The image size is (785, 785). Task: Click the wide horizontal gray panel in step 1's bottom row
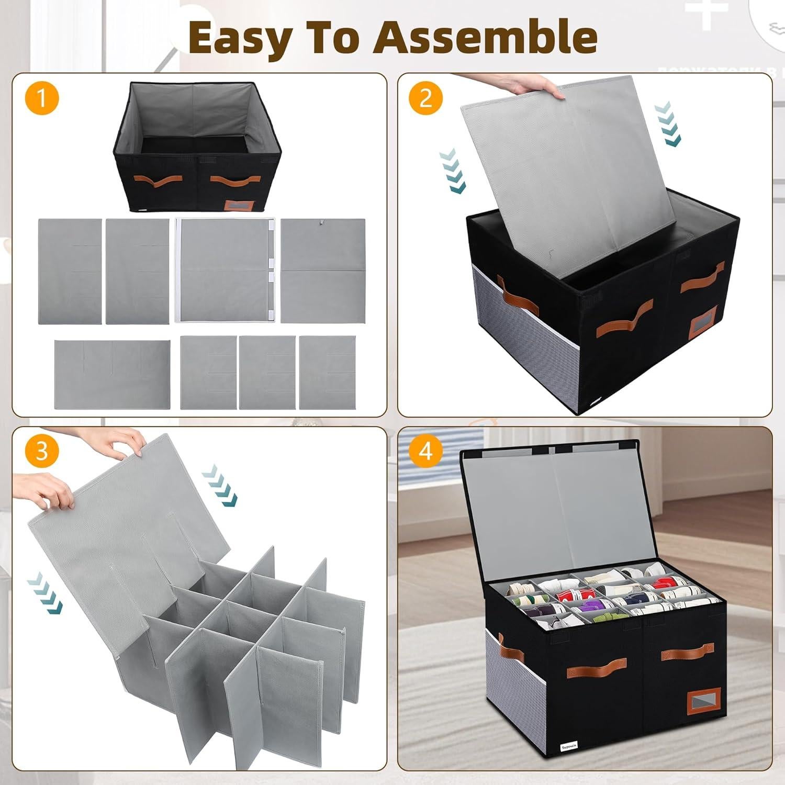112,374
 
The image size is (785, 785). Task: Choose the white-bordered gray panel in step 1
225,271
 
